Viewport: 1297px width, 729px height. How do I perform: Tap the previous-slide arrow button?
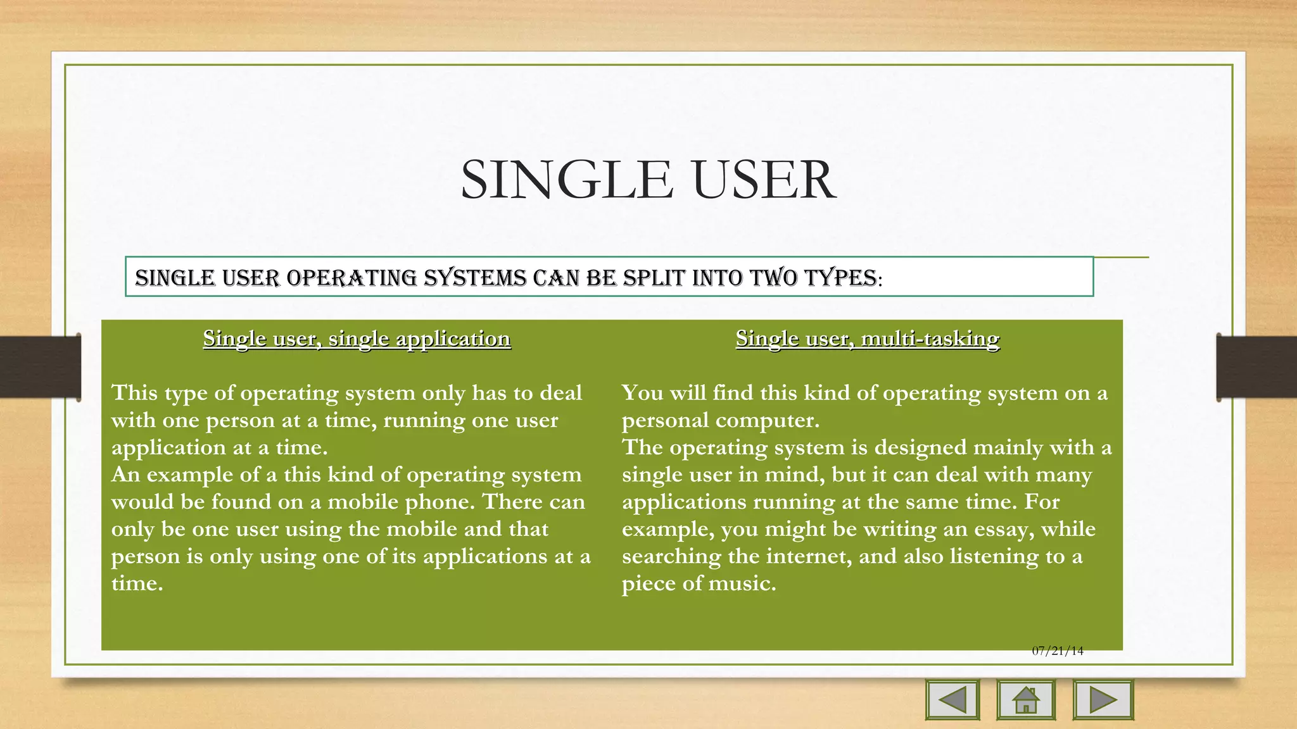952,700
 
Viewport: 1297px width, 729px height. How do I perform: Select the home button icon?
1026,700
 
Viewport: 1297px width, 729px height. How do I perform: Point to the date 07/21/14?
1058,651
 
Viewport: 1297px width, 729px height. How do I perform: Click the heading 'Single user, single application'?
357,339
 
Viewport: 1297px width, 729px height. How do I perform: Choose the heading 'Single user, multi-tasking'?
868,339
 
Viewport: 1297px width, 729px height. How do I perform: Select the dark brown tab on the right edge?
1256,367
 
